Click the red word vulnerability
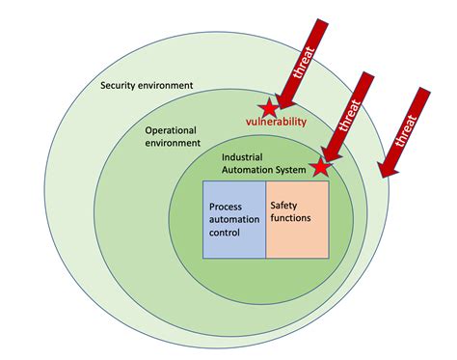point(276,123)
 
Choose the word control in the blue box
point(226,234)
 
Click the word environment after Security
point(168,85)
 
